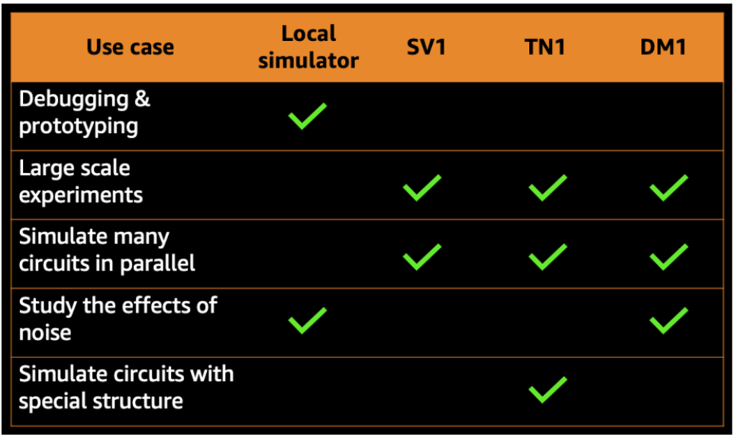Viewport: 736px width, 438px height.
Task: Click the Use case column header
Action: [x=130, y=47]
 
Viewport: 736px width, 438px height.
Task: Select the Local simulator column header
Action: [x=308, y=47]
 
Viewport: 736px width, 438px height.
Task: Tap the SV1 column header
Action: [x=422, y=47]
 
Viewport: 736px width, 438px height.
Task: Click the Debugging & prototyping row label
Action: [x=85, y=112]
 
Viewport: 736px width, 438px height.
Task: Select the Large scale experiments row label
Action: [x=80, y=182]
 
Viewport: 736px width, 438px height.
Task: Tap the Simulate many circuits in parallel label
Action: [x=107, y=250]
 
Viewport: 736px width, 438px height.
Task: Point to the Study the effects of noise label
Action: [x=118, y=318]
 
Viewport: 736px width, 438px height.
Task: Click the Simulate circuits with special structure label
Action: [x=126, y=387]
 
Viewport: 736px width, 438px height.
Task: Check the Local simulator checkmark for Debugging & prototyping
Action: [x=308, y=116]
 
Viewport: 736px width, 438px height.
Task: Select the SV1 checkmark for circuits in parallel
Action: [x=422, y=256]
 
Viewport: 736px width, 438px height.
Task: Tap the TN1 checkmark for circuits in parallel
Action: [x=547, y=256]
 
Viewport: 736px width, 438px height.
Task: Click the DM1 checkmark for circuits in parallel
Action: [x=668, y=256]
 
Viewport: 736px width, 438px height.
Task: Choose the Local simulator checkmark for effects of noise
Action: [x=308, y=320]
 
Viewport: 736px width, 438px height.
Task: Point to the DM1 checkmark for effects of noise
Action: [x=668, y=320]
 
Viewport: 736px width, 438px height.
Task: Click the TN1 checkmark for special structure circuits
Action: [x=547, y=388]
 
